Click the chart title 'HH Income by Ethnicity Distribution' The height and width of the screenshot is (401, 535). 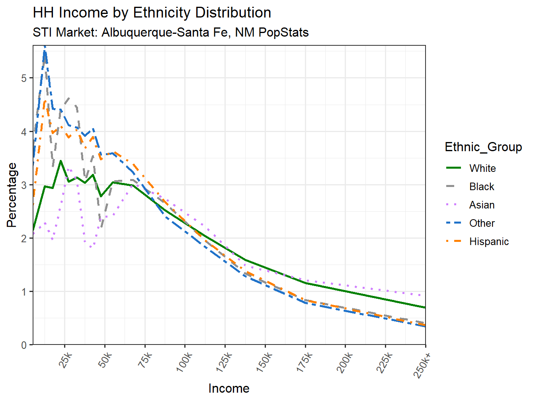152,13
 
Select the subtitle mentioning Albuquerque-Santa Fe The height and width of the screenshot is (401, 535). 170,32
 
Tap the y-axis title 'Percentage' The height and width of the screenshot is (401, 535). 12,195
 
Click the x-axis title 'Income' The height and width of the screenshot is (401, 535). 229,388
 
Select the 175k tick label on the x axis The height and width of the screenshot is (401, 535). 305,362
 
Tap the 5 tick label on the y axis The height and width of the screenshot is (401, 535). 24,78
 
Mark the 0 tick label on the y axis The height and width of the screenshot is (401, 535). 24,345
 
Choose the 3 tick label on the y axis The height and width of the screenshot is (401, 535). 24,185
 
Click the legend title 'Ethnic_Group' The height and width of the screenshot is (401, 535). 483,147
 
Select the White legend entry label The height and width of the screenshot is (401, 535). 482,168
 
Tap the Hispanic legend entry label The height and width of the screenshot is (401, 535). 489,241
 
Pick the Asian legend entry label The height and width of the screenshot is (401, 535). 482,205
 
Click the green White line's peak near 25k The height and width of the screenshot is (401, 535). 61,161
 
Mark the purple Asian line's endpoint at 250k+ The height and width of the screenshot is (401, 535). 425,295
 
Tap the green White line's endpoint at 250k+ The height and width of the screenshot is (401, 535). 425,307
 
